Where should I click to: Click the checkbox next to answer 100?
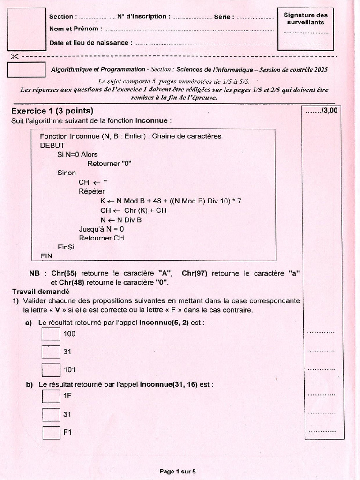tap(51, 334)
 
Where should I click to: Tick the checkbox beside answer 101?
tap(51, 370)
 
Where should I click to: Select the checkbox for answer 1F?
tap(51, 397)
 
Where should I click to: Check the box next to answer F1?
tap(51, 432)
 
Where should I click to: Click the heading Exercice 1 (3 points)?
tap(52, 111)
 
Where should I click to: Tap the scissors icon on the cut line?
tap(14, 56)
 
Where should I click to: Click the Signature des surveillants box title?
tap(306, 18)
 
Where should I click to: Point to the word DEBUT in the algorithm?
tap(52, 145)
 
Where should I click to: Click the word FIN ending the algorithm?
tap(47, 256)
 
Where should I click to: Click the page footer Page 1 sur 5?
tap(178, 471)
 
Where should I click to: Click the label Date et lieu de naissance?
tap(89, 43)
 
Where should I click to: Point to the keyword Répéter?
tap(92, 191)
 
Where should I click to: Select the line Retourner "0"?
tap(109, 164)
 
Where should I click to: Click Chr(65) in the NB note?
tap(65, 273)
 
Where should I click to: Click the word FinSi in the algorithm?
tap(66, 247)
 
